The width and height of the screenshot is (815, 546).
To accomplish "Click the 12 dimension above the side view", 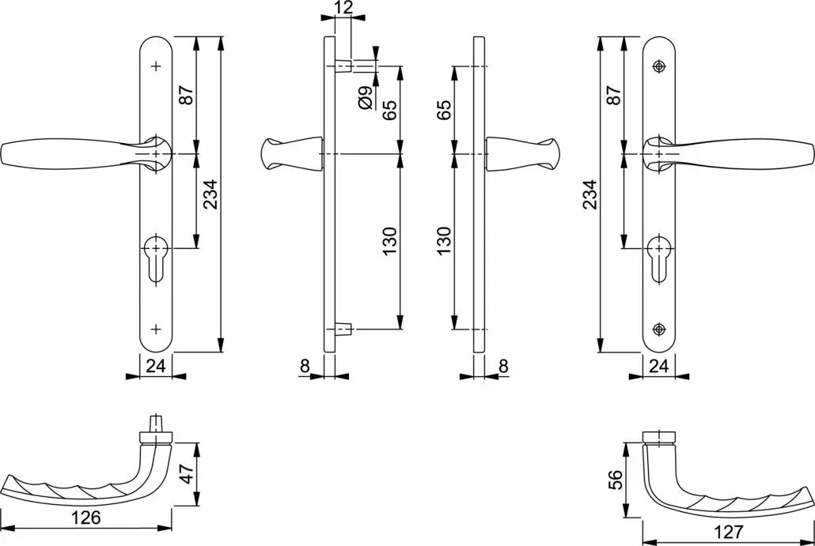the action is click(x=343, y=7).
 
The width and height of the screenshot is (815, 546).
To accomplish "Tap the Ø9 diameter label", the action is click(x=366, y=97).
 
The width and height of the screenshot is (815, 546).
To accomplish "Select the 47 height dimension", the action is click(x=186, y=474).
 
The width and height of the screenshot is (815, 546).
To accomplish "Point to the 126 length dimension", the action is click(x=85, y=517).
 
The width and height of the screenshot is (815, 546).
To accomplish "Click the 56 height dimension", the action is click(x=614, y=480).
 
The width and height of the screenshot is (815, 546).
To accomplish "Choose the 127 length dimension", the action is click(x=729, y=532).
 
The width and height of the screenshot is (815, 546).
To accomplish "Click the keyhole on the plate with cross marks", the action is click(x=155, y=259).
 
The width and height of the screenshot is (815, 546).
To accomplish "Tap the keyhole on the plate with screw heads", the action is click(x=659, y=259).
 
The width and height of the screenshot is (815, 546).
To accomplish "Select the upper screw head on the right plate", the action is click(x=659, y=66).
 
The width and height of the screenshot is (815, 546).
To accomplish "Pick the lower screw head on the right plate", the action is click(x=659, y=329).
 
